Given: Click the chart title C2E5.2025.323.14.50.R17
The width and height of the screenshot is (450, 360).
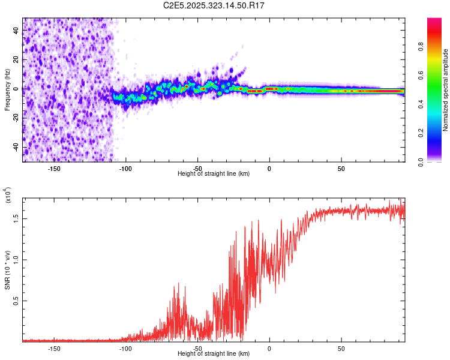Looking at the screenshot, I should (x=214, y=5).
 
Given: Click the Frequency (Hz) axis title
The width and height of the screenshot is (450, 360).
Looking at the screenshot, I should (x=8, y=90).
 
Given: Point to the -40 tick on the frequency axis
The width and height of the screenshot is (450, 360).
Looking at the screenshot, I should (x=15, y=147).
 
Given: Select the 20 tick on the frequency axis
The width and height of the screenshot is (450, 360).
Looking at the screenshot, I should (x=17, y=59).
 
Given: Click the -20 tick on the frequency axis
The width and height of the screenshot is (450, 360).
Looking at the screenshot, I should (x=15, y=118).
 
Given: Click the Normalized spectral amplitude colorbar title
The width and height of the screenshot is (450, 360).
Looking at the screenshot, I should (x=446, y=90).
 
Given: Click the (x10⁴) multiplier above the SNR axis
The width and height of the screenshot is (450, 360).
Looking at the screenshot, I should (x=8, y=196).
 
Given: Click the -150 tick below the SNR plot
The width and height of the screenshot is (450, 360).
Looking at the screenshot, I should (x=54, y=348).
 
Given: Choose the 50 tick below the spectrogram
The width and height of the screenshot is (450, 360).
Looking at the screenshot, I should (x=341, y=169).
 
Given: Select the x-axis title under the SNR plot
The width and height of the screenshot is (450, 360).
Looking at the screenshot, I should (x=214, y=354).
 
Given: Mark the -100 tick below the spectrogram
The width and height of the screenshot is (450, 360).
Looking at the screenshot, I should (x=125, y=169).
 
